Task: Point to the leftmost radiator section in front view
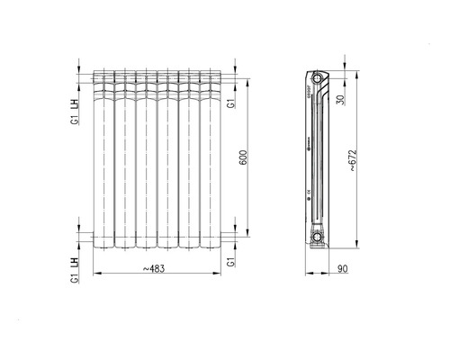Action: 103,157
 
